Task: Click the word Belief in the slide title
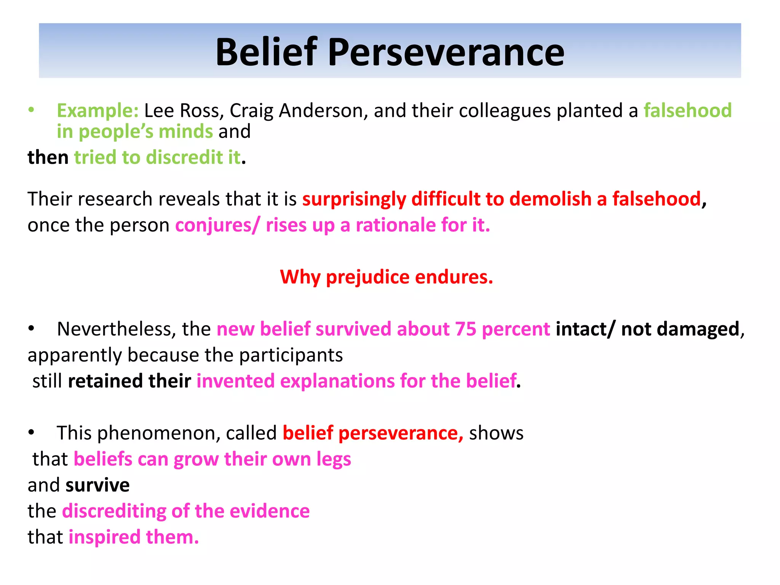click(266, 52)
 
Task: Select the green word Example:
click(97, 111)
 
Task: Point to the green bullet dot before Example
click(31, 110)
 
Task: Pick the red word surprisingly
click(354, 199)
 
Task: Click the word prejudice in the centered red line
click(368, 277)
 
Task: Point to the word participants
click(291, 355)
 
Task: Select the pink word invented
click(235, 381)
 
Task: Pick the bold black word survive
click(97, 485)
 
